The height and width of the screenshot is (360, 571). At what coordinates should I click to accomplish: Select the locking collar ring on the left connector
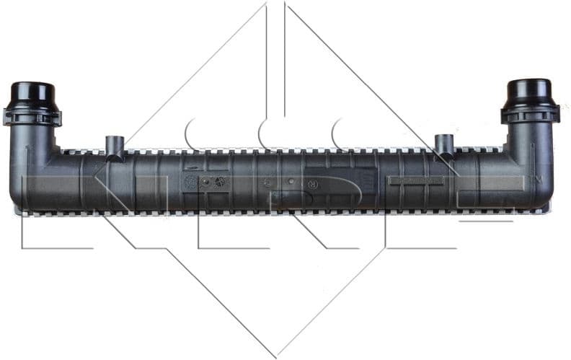(32, 115)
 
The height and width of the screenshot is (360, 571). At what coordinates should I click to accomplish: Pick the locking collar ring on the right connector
(528, 113)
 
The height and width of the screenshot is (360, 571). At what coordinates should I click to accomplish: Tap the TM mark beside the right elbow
(535, 177)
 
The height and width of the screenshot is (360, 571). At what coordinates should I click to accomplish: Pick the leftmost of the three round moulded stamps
(191, 182)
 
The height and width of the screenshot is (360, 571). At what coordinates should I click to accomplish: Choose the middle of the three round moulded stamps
(205, 182)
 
